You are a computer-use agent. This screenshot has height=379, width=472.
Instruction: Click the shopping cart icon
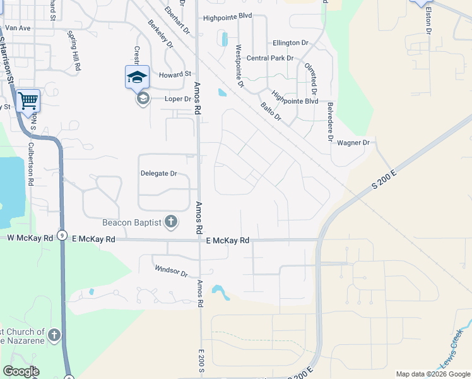pos(28,100)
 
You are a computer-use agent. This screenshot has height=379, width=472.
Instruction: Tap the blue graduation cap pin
pos(137,77)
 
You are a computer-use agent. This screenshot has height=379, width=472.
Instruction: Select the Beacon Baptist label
pos(132,222)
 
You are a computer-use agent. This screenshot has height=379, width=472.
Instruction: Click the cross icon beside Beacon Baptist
pos(170,221)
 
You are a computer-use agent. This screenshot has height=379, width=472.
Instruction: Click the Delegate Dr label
pos(158,173)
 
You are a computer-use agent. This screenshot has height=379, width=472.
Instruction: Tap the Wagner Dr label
pos(353,143)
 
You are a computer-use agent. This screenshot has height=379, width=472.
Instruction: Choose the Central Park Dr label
pos(270,58)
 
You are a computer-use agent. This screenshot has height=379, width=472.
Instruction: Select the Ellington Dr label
pos(290,43)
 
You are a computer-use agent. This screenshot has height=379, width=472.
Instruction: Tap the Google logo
pos(21,371)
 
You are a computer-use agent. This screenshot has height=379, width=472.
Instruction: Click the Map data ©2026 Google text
pos(433,374)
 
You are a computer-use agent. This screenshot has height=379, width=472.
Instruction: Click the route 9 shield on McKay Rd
pos(61,235)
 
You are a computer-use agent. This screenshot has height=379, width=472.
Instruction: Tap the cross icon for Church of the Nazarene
pos(55,335)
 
